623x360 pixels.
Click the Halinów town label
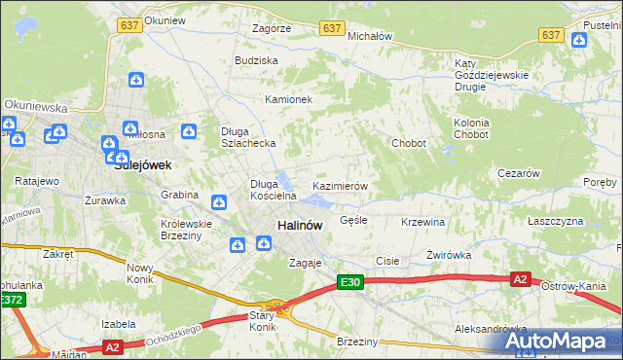coord(300,225)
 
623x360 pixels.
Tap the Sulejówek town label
coord(143,165)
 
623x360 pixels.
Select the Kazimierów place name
coord(339,186)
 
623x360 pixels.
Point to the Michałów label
coord(369,36)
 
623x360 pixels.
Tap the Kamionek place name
coord(288,99)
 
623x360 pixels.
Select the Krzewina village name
coord(422,222)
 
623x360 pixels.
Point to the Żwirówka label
coord(448,255)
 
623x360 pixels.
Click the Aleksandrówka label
coord(492,330)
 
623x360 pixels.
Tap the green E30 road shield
coord(350,282)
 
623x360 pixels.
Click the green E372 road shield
coord(12,301)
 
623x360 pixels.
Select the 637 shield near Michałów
coord(333,29)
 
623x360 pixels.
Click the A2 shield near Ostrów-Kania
coord(521,279)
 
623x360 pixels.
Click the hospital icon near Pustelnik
coord(580,40)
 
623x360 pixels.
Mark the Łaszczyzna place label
coord(555,222)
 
